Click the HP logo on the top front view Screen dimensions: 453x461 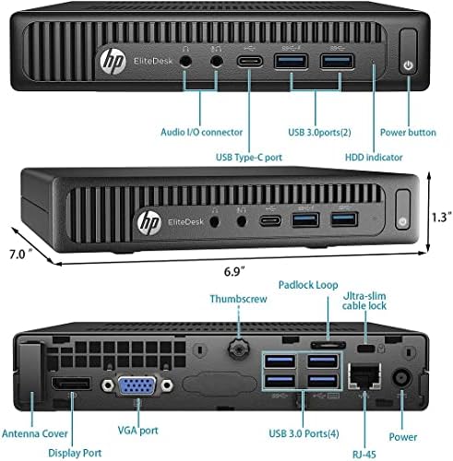(x=113, y=61)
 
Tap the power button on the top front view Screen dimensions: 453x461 (x=408, y=52)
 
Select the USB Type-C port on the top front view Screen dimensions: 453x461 (x=250, y=61)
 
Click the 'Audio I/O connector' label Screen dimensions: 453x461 (x=201, y=132)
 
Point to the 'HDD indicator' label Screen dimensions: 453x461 (x=374, y=158)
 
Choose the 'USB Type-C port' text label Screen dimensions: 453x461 (x=249, y=158)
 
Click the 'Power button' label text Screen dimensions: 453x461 (x=408, y=133)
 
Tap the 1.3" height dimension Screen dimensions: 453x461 (x=442, y=217)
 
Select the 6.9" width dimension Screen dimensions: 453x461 (x=234, y=271)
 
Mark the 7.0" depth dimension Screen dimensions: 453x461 (x=20, y=254)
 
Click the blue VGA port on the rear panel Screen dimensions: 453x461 (x=137, y=385)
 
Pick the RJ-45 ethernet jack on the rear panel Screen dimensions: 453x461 (x=364, y=376)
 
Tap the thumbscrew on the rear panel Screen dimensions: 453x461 (x=238, y=349)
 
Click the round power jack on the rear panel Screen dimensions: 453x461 (x=402, y=377)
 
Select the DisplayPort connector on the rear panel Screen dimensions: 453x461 (x=71, y=384)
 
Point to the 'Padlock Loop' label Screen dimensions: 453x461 (x=308, y=285)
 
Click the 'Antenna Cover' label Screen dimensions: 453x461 (x=35, y=433)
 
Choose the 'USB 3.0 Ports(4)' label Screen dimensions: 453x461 (x=304, y=433)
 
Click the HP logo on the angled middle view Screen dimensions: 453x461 (x=149, y=222)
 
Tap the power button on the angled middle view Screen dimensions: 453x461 (x=403, y=209)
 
